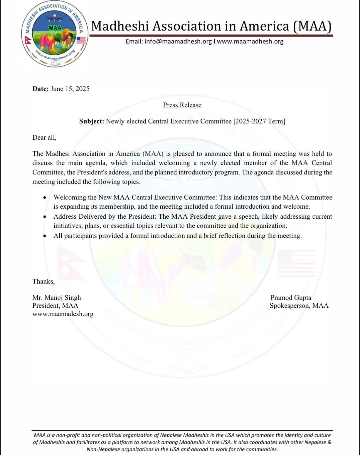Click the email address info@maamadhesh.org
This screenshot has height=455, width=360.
(169, 41)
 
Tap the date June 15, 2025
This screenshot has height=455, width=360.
(70, 89)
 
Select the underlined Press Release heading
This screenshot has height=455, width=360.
(182, 105)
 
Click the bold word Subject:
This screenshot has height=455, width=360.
(92, 121)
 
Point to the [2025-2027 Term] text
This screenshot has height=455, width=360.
(259, 121)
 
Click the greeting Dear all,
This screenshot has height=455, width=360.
(44, 137)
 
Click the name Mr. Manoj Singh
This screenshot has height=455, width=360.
(57, 298)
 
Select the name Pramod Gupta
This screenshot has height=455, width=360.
(291, 298)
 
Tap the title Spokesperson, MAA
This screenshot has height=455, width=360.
(299, 306)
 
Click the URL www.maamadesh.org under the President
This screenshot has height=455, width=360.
(63, 314)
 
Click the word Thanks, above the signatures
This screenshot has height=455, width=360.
(43, 282)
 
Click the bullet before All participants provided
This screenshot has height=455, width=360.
(45, 236)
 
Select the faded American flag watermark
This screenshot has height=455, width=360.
(296, 263)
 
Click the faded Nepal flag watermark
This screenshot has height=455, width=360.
(70, 262)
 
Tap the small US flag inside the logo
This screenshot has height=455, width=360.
(81, 40)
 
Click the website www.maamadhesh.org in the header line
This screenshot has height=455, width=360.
(250, 41)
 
